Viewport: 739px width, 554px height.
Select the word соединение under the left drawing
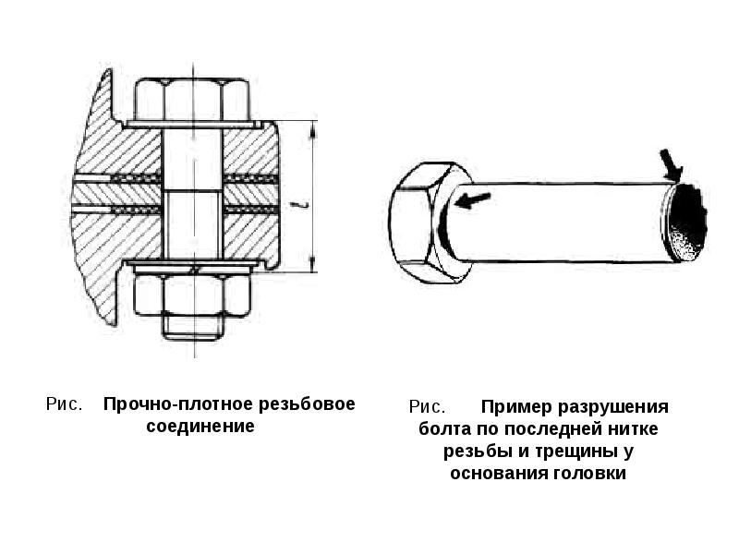tap(200, 428)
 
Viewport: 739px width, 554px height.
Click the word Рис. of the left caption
tap(66, 405)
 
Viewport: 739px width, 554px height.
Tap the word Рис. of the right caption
tap(428, 407)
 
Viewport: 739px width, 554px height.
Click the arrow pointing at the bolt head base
tap(474, 200)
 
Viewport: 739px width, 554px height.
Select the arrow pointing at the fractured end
tap(672, 165)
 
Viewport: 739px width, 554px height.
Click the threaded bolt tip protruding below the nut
tap(192, 330)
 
